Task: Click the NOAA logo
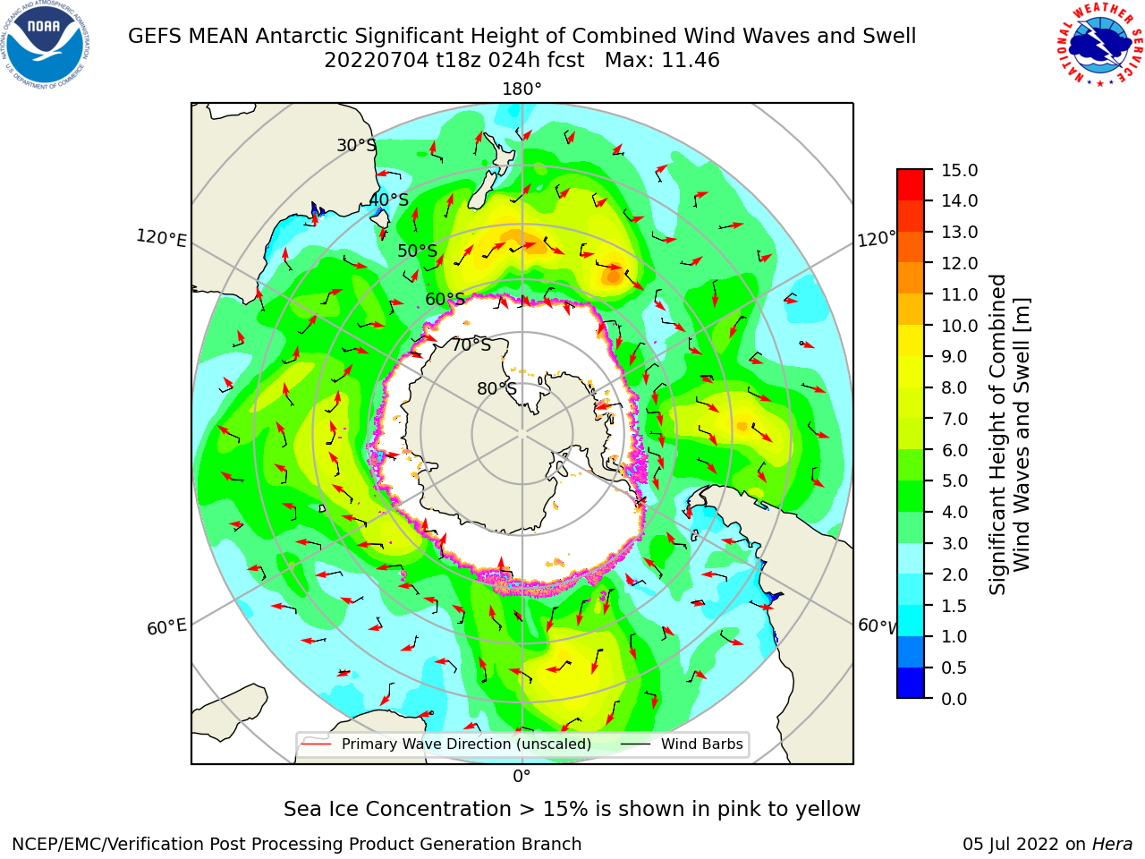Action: click(46, 45)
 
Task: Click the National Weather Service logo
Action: click(1100, 44)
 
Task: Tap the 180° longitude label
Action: click(522, 89)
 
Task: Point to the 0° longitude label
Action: click(522, 777)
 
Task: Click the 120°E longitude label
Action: click(161, 238)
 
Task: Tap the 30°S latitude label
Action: click(356, 145)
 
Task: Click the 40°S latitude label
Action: click(389, 200)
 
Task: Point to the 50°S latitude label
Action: click(418, 251)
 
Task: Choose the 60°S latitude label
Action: click(445, 299)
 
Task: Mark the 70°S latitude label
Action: click(471, 344)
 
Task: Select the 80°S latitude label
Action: click(496, 388)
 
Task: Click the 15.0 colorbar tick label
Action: click(959, 171)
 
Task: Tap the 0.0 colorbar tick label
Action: click(954, 699)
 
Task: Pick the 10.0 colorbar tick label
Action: click(959, 326)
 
